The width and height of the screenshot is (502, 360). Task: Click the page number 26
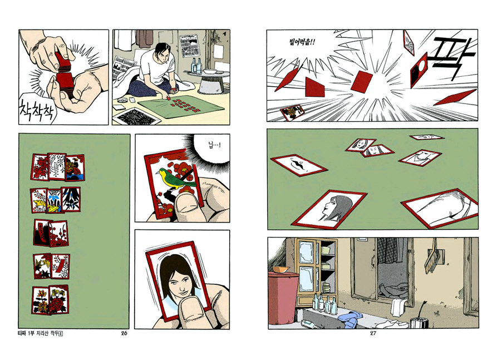(x=124, y=333)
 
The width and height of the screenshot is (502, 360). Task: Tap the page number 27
(x=373, y=333)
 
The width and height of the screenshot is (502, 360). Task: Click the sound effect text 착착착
(x=37, y=110)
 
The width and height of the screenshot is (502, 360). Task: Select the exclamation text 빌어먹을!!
(x=302, y=42)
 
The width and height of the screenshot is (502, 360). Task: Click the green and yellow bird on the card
(x=173, y=178)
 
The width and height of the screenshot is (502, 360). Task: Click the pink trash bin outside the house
(x=282, y=298)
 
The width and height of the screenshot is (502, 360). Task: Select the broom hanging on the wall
(x=432, y=256)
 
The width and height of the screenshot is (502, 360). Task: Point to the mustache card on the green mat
(x=299, y=165)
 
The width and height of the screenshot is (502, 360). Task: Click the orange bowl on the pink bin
(x=280, y=269)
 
